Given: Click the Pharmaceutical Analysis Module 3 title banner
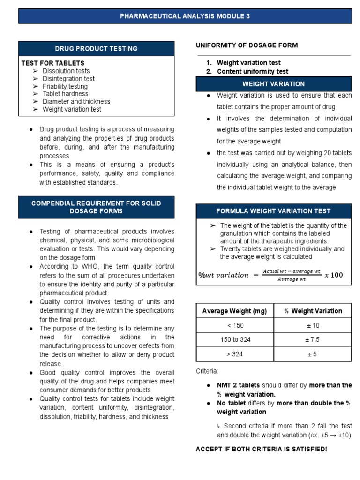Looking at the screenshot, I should [185, 16].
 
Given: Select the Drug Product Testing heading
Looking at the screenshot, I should [96, 49].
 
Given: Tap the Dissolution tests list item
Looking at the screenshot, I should [66, 71].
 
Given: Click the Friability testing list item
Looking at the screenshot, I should [65, 86].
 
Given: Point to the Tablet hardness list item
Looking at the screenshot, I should [65, 94].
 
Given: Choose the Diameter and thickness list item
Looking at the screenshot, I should [76, 102].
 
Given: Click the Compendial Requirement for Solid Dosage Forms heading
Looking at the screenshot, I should [96, 207].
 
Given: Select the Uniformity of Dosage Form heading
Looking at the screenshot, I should [247, 45].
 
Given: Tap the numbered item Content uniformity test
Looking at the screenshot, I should [252, 72].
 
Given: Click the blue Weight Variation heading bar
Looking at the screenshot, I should [273, 84].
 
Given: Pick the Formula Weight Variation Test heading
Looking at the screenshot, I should [273, 211].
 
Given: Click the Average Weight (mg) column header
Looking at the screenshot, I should [234, 311].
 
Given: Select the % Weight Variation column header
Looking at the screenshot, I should [313, 311].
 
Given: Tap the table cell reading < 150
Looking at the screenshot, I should [234, 325].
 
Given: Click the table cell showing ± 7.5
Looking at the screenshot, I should [313, 340].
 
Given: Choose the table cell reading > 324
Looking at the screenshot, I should [234, 354].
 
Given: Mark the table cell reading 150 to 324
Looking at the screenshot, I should [234, 340].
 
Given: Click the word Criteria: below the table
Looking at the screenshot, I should [207, 371].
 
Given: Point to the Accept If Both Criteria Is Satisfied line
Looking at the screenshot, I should [261, 449].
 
